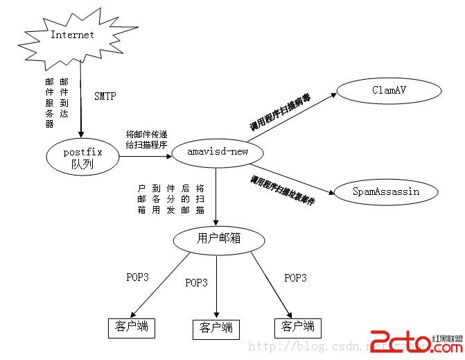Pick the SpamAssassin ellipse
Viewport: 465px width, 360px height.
[386, 191]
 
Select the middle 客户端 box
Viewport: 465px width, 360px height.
[216, 328]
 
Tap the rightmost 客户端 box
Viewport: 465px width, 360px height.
[298, 326]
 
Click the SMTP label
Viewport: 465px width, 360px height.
[106, 96]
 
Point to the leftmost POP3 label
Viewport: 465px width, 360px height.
[137, 277]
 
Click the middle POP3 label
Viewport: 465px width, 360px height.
[196, 282]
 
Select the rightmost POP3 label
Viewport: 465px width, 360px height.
[295, 277]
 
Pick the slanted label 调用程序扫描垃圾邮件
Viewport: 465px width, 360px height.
[283, 190]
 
